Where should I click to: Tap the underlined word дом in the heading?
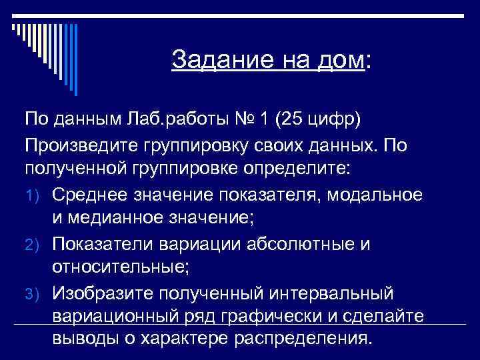342,60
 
